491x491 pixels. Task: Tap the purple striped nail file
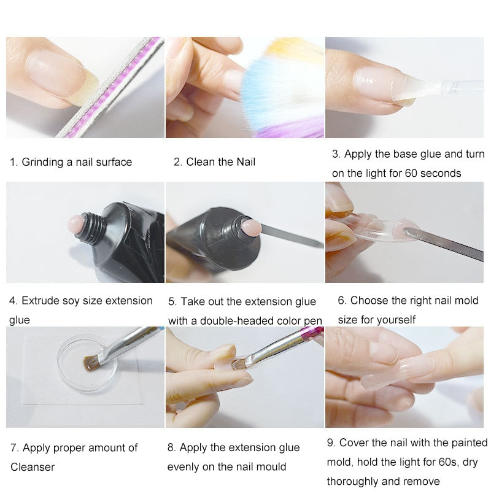110,88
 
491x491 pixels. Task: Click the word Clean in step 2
201,162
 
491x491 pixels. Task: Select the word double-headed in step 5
249,320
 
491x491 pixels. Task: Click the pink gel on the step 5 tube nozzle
252,227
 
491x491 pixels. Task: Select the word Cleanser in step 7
33,467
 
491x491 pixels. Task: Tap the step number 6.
342,301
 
